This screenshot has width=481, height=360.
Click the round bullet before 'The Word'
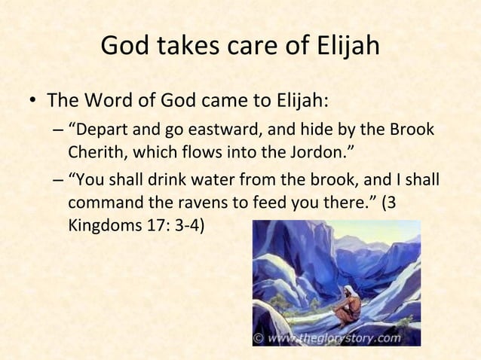(31, 102)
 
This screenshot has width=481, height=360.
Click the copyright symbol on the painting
(259, 338)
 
